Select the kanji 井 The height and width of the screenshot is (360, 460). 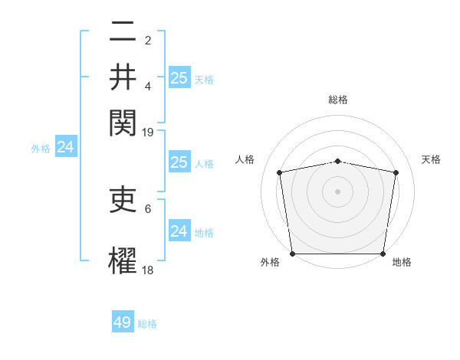123,75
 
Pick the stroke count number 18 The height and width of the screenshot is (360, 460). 148,270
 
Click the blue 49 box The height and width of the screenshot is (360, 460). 123,322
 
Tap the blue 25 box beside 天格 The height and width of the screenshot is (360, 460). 179,77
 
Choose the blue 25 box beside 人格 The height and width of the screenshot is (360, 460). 179,162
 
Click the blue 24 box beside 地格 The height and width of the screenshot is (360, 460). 179,231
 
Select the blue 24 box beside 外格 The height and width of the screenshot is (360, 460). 65,147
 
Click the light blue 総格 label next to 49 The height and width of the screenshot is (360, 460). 148,324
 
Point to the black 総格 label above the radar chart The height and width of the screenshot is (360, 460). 338,100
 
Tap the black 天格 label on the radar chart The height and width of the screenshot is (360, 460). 432,159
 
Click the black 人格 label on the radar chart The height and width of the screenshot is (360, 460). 245,159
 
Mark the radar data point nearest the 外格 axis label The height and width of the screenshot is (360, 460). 292,254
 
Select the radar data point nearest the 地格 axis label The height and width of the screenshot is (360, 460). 383,254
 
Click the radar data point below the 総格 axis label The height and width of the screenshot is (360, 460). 338,161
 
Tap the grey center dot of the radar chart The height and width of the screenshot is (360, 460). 338,191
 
